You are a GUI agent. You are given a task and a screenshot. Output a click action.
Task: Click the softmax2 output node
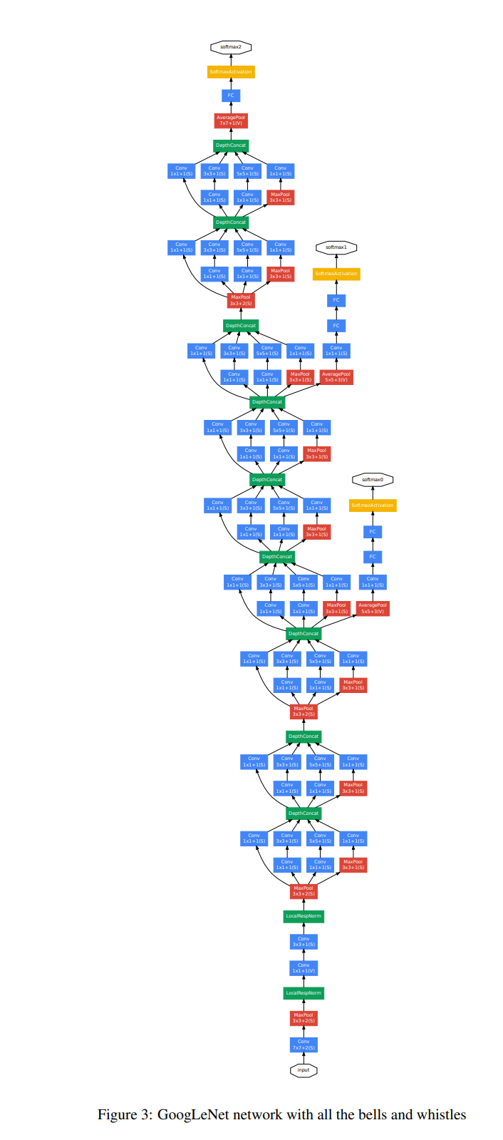click(231, 47)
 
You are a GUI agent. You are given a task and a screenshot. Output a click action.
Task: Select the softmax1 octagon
click(336, 247)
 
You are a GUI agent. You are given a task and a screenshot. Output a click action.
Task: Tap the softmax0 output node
click(373, 480)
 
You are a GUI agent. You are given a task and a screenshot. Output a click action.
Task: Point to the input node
click(304, 1070)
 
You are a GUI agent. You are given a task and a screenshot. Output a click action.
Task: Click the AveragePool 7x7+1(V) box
click(231, 120)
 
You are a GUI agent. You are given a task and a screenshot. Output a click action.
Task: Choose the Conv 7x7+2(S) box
click(304, 1044)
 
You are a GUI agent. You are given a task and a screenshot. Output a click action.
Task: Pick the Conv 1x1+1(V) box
click(304, 967)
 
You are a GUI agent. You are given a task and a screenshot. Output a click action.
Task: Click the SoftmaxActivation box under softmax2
click(231, 72)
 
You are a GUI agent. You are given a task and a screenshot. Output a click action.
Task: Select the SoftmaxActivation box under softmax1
click(336, 274)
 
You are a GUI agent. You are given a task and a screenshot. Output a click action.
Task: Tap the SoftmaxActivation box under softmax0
click(373, 505)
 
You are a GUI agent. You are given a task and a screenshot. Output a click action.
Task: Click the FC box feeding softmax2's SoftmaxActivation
click(231, 96)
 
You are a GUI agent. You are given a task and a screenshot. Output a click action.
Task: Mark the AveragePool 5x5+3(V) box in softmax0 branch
click(373, 608)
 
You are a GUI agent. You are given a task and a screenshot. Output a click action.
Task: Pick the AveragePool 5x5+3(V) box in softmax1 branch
click(336, 376)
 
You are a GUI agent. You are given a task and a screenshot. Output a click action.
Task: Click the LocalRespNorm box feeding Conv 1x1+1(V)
click(304, 992)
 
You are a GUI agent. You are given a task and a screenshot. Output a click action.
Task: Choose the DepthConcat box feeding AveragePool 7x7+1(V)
click(231, 145)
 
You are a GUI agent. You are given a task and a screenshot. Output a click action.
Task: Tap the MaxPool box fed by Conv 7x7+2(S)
click(304, 1018)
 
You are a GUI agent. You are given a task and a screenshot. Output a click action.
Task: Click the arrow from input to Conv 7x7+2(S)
click(304, 1058)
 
